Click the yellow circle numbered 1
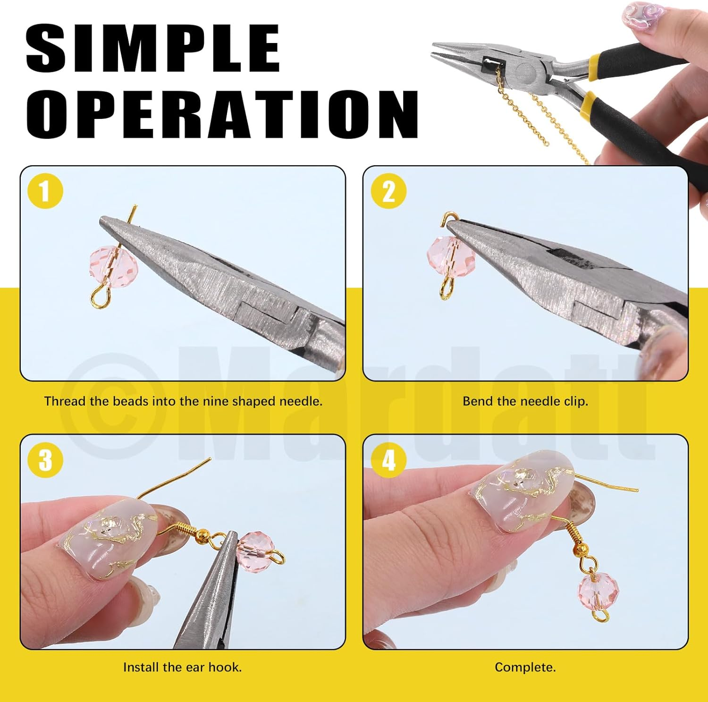[x=45, y=191]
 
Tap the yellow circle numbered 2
[x=388, y=191]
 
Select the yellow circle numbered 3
[x=45, y=460]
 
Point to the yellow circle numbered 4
[x=388, y=460]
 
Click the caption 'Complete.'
[x=525, y=667]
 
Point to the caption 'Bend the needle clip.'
[x=525, y=401]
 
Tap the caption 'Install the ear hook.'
[x=182, y=667]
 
